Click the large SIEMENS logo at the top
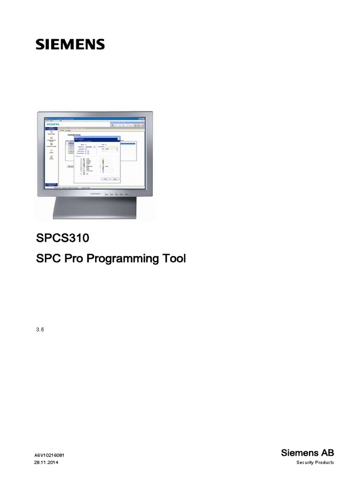70,45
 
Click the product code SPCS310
62,238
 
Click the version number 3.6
40,330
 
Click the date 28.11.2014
46,463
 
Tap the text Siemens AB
307,452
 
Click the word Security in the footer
306,463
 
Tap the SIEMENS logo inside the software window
52,124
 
